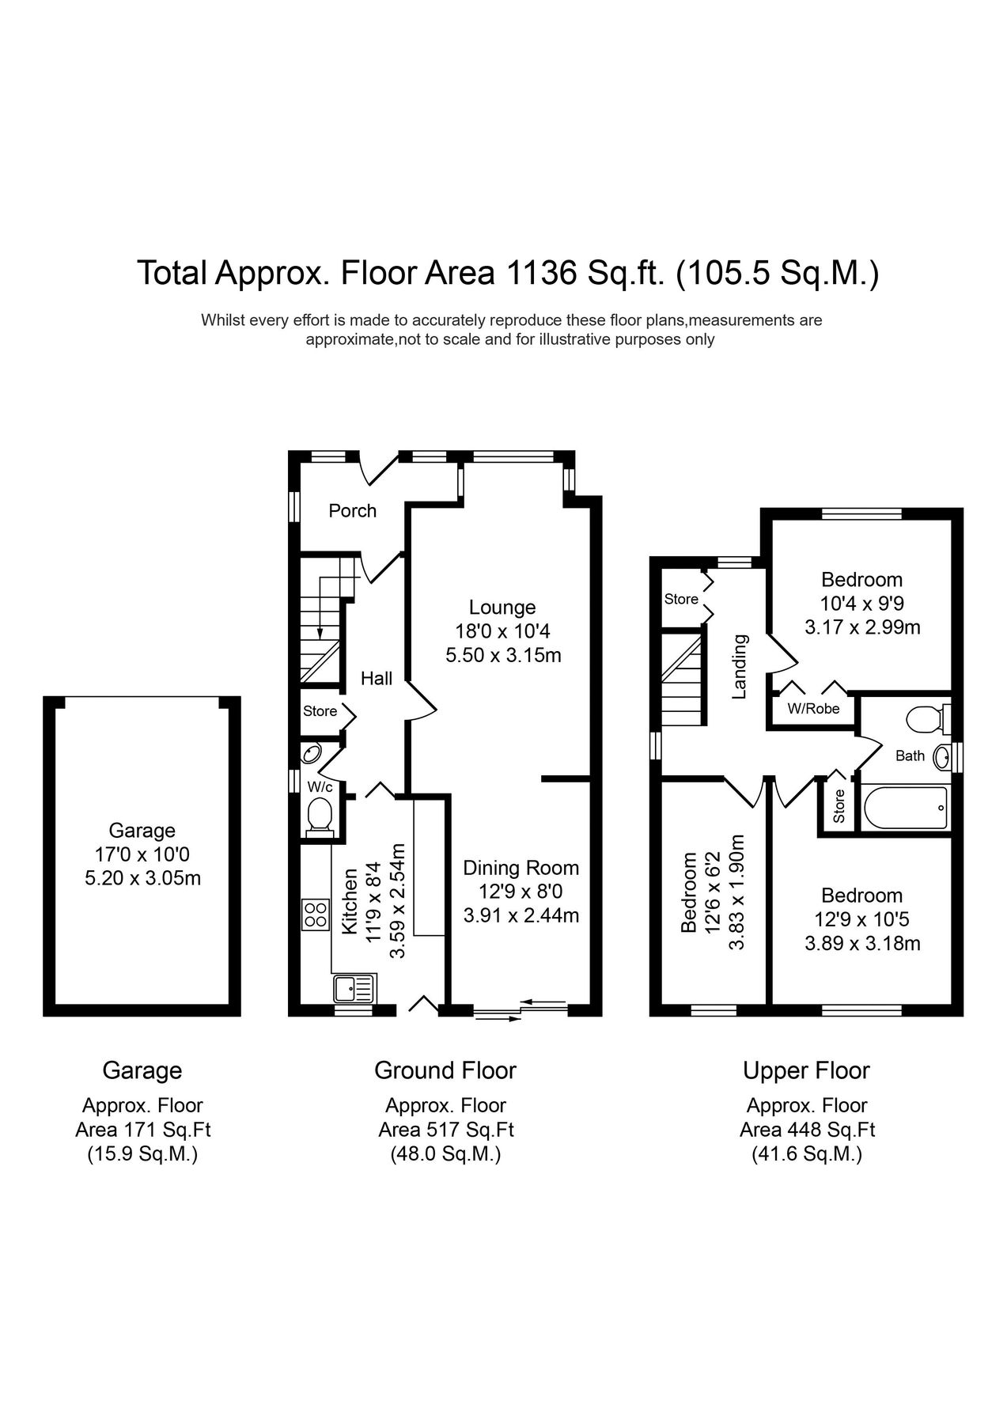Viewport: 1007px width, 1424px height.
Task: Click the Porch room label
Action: [353, 511]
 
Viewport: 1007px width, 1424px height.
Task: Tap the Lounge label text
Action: [502, 608]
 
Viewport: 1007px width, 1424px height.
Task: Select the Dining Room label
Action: [521, 868]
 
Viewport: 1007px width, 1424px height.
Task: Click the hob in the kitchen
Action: [315, 915]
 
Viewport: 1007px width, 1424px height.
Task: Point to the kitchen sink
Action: [354, 989]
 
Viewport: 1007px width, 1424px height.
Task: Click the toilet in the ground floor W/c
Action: [320, 816]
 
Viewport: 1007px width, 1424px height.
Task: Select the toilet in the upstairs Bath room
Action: [927, 720]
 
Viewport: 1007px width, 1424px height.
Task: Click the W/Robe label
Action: [813, 709]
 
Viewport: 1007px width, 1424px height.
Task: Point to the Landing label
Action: [740, 666]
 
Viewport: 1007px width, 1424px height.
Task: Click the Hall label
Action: [377, 679]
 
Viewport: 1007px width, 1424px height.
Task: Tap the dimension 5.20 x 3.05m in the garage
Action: [142, 878]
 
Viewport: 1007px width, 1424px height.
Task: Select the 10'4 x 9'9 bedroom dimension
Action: [862, 604]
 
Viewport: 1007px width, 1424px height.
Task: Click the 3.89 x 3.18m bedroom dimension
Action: [862, 943]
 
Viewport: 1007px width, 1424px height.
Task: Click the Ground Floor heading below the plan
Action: [445, 1071]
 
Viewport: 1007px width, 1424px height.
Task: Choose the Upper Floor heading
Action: [806, 1072]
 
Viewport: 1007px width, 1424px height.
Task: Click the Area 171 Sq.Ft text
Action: [143, 1130]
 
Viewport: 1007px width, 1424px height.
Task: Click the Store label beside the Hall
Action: [320, 711]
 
